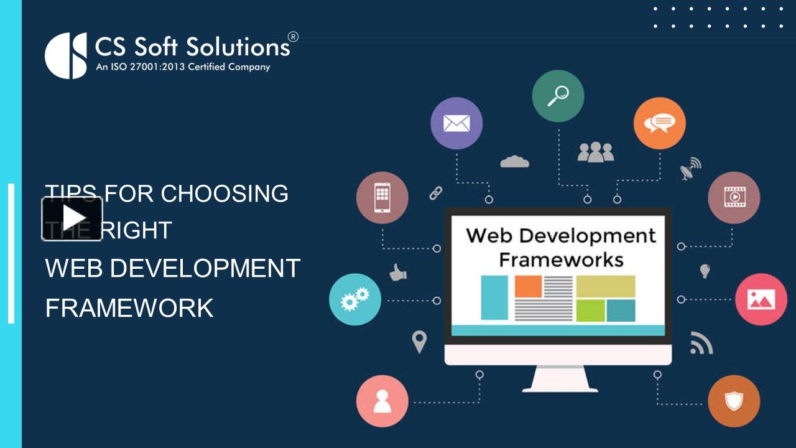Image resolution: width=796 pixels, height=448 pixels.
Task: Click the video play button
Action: pos(72,218)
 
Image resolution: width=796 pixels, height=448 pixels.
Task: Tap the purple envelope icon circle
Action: pos(456,123)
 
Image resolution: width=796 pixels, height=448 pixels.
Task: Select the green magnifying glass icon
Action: pos(558,96)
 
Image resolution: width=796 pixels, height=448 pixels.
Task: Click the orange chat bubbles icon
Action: pos(659,123)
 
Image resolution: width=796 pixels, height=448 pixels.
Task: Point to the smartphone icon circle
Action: pos(382,198)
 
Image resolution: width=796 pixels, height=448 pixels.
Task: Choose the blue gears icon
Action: pos(354,299)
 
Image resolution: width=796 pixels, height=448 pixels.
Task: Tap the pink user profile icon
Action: pos(382,401)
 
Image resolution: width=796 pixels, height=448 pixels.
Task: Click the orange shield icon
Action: pos(734,401)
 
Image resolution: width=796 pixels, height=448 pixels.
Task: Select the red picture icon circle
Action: pos(761,299)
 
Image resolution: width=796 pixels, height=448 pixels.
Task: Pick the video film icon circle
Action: pos(734,198)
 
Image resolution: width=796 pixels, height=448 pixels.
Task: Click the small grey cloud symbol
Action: pos(514,161)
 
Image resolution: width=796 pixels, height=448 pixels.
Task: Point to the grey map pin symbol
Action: pos(420,342)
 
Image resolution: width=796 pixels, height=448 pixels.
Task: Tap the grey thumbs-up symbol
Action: pos(397,272)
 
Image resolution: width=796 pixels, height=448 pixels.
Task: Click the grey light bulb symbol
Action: pos(705,271)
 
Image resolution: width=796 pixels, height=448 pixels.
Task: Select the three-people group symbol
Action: pos(595,152)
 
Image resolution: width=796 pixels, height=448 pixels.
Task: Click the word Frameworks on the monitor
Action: pos(561,259)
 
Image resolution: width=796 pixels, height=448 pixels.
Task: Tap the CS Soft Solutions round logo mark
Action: pos(66,55)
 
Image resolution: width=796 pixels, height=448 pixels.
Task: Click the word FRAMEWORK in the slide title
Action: pos(129,308)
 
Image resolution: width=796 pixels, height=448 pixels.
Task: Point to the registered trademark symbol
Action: pos(293,37)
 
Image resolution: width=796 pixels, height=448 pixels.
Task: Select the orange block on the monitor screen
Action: pos(528,286)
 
